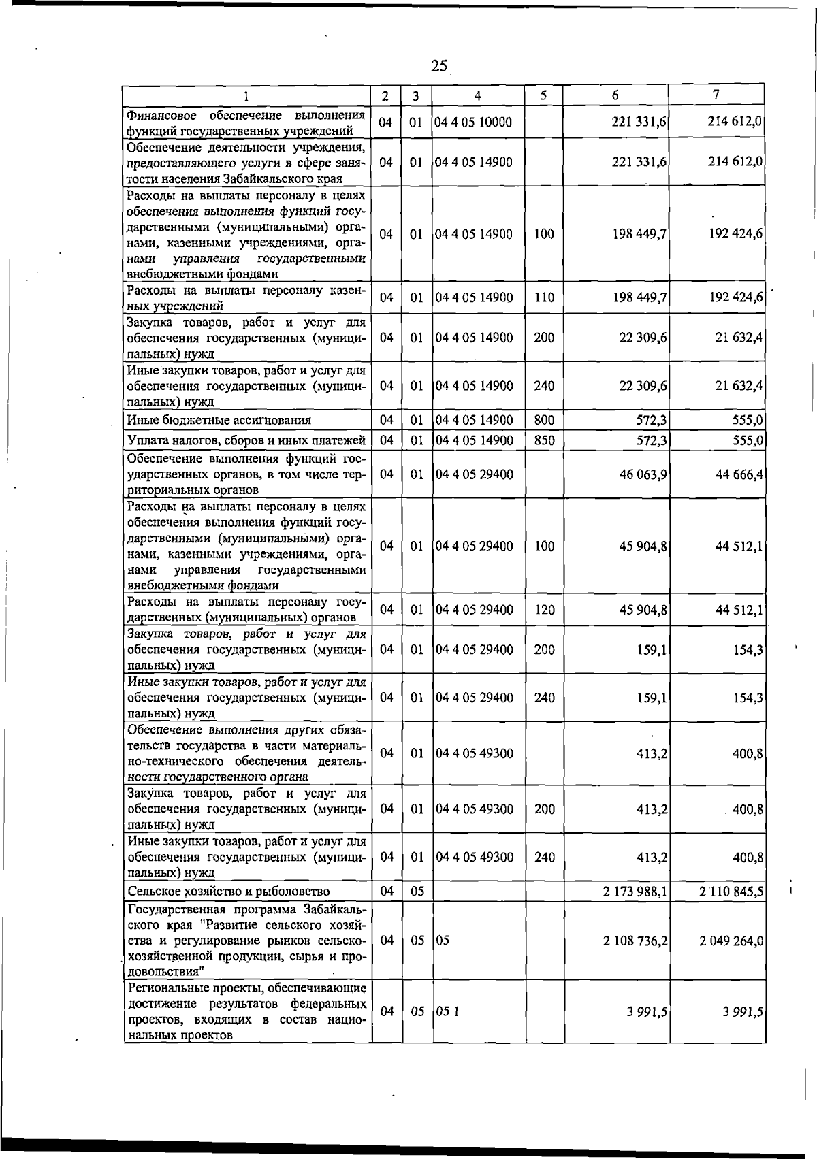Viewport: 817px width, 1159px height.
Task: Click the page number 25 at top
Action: click(439, 66)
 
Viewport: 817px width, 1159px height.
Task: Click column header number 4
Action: click(478, 96)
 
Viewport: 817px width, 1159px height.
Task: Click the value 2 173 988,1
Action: click(634, 892)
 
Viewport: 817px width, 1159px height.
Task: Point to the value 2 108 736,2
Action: click(634, 941)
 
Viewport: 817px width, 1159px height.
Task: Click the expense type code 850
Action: click(544, 440)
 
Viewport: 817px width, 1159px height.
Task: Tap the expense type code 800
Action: click(544, 420)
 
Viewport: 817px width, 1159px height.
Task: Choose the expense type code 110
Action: click(544, 297)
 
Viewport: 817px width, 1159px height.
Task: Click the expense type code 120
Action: click(544, 610)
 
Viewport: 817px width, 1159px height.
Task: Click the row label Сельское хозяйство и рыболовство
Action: click(229, 892)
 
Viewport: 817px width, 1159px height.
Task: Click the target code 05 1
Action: click(447, 1011)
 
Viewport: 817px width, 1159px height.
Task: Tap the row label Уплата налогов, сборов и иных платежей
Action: click(246, 440)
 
